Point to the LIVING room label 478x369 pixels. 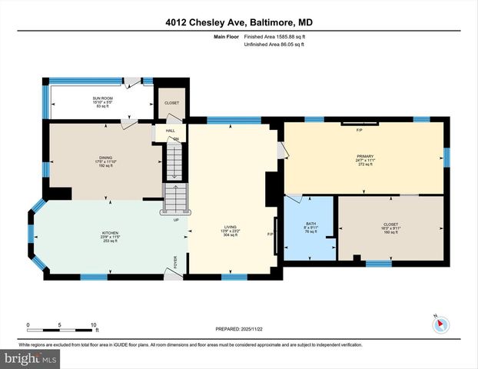point(230,227)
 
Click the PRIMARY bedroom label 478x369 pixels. point(364,156)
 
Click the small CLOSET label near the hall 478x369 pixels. point(171,101)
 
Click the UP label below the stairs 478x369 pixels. point(176,220)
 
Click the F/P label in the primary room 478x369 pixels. point(359,130)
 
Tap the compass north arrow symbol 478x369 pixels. point(440,324)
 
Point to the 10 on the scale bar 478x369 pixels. point(94,325)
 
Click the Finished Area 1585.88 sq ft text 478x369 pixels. point(274,36)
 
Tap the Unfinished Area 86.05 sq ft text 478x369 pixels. point(274,45)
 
